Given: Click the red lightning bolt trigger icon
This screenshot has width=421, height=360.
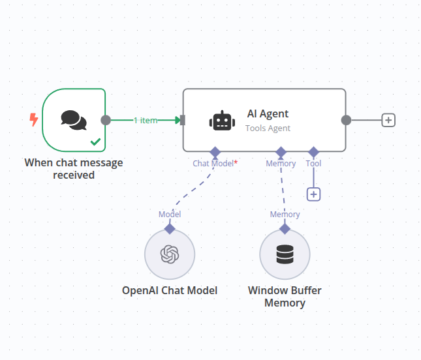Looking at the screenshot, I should [x=33, y=119].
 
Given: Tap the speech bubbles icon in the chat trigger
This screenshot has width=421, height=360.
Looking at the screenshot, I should [x=73, y=119].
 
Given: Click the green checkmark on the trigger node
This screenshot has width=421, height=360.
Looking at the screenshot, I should [x=95, y=141].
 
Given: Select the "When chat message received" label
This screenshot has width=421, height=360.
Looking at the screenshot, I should [x=73, y=168].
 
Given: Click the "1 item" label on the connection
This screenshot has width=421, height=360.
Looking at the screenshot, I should [x=146, y=120].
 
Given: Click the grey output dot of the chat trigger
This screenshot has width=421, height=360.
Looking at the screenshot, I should [x=106, y=120].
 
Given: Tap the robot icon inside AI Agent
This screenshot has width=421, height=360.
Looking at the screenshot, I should [x=221, y=121].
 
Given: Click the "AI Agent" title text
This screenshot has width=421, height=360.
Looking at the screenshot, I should [x=268, y=113].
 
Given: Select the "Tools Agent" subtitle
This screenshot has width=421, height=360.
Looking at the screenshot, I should [x=268, y=128].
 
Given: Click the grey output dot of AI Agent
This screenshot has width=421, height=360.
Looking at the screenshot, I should [x=347, y=120].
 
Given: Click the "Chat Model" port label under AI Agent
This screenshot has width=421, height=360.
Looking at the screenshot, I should [x=213, y=163].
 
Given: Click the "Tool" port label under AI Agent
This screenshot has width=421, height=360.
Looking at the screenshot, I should [x=313, y=163].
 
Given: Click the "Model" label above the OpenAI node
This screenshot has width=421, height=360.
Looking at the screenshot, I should [x=170, y=214].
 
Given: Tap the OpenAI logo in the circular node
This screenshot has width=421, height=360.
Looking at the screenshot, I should [x=170, y=254].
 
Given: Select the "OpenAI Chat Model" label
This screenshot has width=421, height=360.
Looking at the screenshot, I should [x=170, y=290].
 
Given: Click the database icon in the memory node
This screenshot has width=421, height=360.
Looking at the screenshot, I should [x=285, y=254].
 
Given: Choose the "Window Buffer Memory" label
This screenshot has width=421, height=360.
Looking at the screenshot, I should [x=285, y=296].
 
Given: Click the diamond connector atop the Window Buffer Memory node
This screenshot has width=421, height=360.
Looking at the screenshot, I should [x=285, y=228].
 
